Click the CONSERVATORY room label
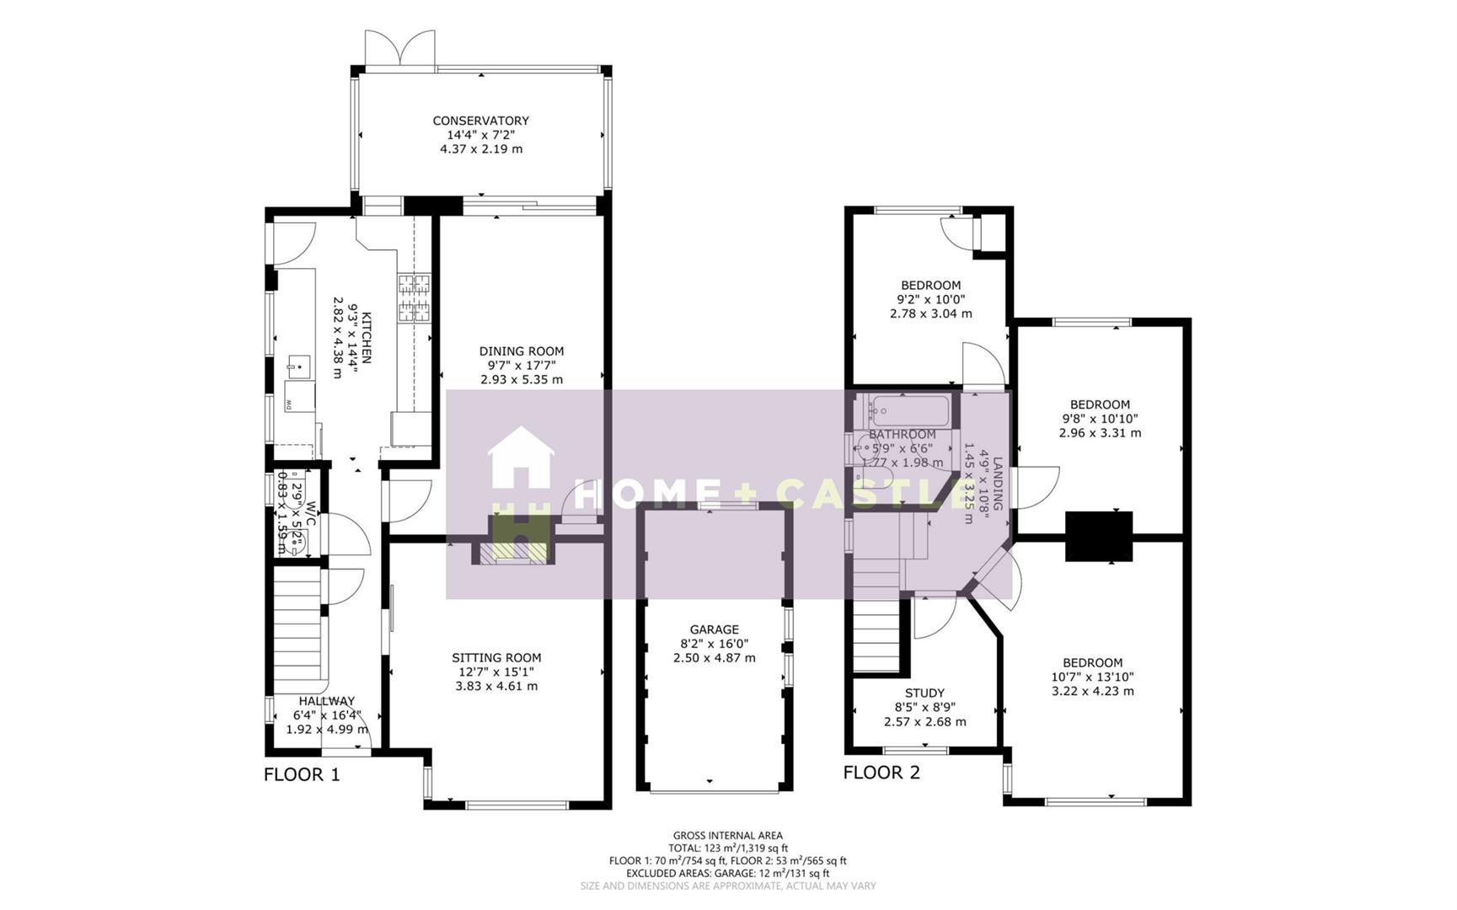(480, 120)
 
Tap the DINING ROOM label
(522, 351)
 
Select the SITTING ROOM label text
(496, 658)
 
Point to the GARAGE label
(714, 629)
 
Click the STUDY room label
(924, 693)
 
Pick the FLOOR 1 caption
(302, 774)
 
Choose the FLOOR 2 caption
(881, 772)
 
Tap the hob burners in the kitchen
(414, 299)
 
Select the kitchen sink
(297, 365)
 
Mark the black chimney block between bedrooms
(1099, 536)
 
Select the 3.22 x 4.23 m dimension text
(1092, 691)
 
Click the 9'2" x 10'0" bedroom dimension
(930, 299)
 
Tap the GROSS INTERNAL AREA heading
(727, 836)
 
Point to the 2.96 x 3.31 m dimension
(1100, 433)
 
